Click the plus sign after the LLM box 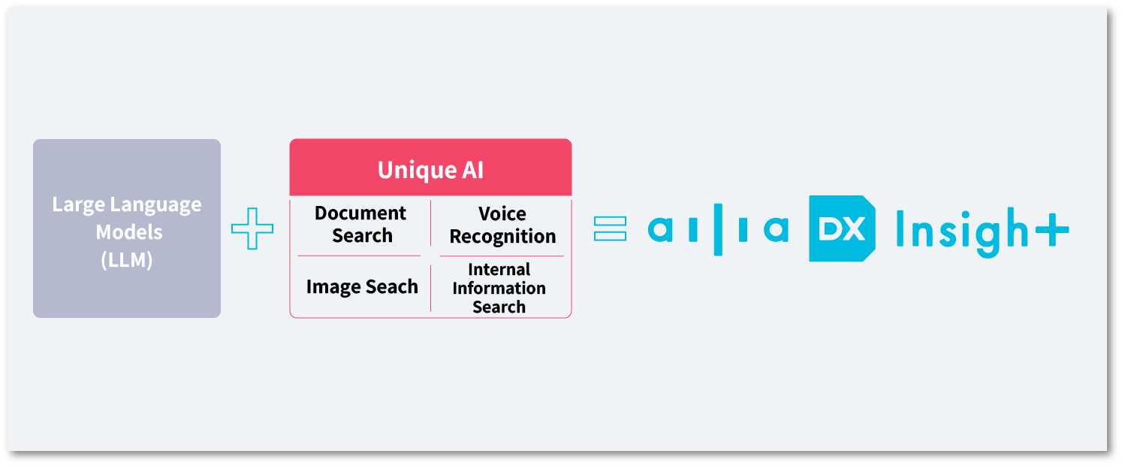(252, 228)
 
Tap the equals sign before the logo (610, 228)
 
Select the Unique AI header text (430, 170)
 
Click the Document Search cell (361, 224)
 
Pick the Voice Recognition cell (502, 225)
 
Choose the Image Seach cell (362, 287)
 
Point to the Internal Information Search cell (499, 288)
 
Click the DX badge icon (842, 228)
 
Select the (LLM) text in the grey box (126, 260)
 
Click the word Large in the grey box (79, 204)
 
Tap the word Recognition (502, 236)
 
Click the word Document (360, 213)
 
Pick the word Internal (499, 269)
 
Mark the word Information (499, 288)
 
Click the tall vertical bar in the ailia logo (716, 228)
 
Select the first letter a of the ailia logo (660, 229)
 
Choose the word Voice (502, 214)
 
